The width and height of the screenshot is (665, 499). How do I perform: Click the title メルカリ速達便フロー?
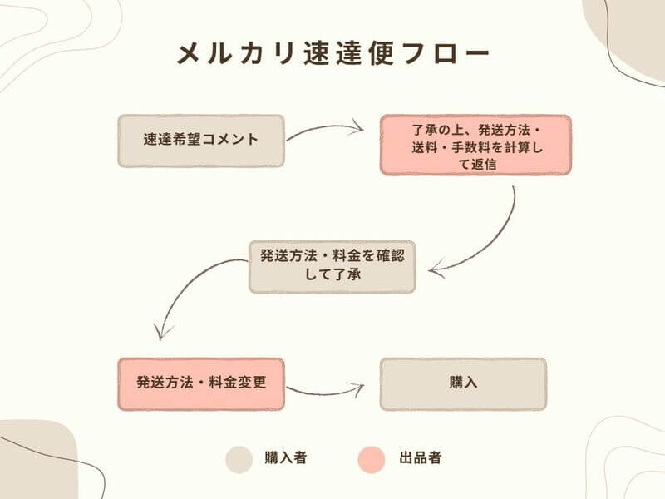tap(333, 54)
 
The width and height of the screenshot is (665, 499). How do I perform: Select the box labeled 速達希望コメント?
tap(201, 141)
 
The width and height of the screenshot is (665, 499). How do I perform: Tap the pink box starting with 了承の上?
tap(475, 145)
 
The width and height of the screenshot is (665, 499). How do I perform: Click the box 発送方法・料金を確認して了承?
tap(332, 266)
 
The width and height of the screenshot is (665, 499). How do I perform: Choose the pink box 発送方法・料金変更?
tap(201, 384)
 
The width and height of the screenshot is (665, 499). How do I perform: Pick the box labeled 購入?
tap(463, 384)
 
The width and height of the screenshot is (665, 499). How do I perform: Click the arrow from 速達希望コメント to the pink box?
tap(325, 129)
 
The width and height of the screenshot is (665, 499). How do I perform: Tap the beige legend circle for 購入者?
tap(239, 460)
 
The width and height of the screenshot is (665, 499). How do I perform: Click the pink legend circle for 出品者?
tap(372, 460)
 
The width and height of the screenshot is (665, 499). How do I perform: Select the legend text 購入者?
tap(285, 458)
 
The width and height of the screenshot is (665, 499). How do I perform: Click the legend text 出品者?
tap(421, 458)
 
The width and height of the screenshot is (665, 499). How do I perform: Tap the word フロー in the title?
tap(446, 54)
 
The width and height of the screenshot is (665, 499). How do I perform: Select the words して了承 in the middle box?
tap(332, 274)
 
